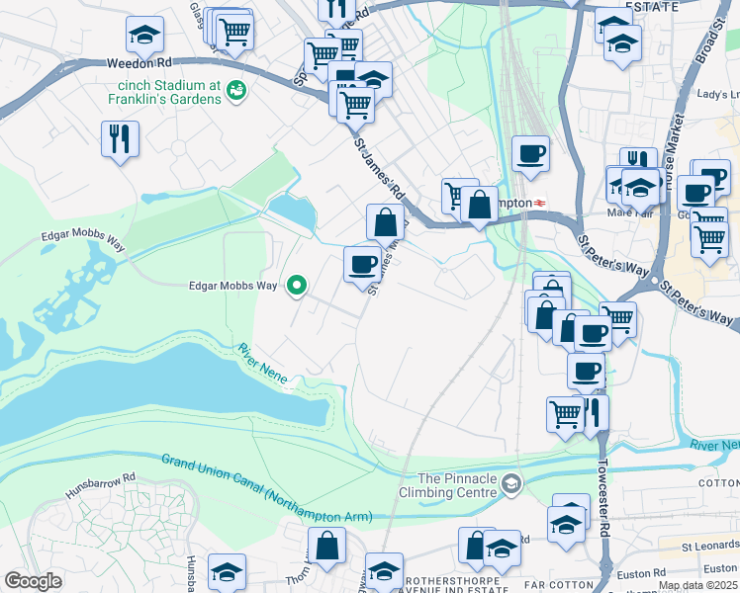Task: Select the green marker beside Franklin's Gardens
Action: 236,91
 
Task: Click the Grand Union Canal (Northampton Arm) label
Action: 266,488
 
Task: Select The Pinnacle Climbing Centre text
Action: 446,484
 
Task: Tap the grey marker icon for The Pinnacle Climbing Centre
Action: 510,483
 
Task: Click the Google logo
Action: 33,581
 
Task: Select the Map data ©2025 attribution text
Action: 696,585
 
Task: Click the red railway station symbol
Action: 540,203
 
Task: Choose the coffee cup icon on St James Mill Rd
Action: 363,263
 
